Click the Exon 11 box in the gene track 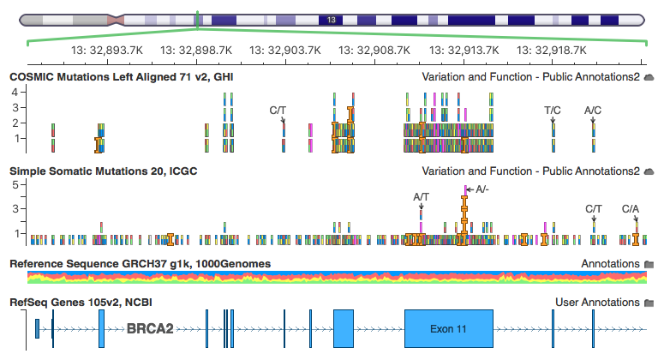pos(450,328)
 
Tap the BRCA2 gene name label pos(151,328)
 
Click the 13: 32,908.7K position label pos(374,51)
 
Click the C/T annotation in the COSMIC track pos(278,111)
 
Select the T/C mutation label pos(553,111)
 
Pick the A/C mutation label pos(593,111)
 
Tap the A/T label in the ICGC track pos(422,197)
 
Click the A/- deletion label pos(482,189)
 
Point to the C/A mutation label pos(631,208)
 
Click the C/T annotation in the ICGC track pos(594,208)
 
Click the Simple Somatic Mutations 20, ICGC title pos(103,171)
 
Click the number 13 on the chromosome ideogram pos(332,19)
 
